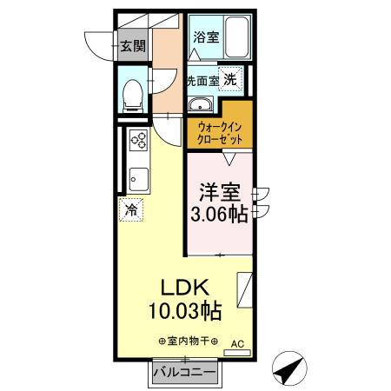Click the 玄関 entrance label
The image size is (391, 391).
coord(132,46)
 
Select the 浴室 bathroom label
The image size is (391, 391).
coord(206,38)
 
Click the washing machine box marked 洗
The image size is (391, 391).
coord(231,79)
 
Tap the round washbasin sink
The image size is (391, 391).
coord(202,106)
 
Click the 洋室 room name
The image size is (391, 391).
coord(219,190)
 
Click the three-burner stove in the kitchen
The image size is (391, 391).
coord(139,140)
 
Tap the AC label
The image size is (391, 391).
coord(235,344)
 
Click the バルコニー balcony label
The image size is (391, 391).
coord(183,373)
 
